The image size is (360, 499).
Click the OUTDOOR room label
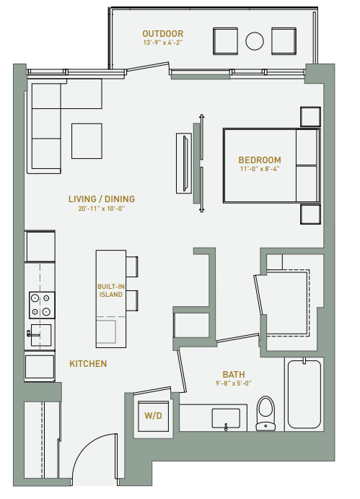pyautogui.click(x=162, y=33)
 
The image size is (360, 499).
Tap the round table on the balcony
pyautogui.click(x=255, y=40)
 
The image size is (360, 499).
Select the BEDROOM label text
pyautogui.click(x=260, y=160)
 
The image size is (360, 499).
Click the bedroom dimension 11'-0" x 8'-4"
pyautogui.click(x=260, y=169)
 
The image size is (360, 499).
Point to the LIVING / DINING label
pyautogui.click(x=101, y=199)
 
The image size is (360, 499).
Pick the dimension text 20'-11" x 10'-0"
pyautogui.click(x=101, y=209)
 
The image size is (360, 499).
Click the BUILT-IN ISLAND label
pyautogui.click(x=110, y=290)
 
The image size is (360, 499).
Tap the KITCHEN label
pyautogui.click(x=89, y=363)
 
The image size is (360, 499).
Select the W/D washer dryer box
pyautogui.click(x=153, y=416)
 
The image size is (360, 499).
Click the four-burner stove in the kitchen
pyautogui.click(x=40, y=305)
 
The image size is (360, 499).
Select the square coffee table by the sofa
pyautogui.click(x=87, y=141)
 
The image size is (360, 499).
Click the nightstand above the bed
pyautogui.click(x=310, y=117)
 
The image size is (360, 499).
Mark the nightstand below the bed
pyautogui.click(x=310, y=214)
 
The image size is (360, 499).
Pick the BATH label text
pyautogui.click(x=233, y=374)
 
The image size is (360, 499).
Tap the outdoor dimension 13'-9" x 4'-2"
pyautogui.click(x=162, y=43)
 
